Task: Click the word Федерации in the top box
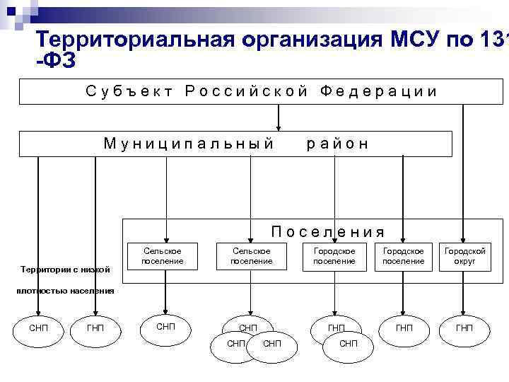[x=378, y=91]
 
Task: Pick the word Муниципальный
[x=189, y=144]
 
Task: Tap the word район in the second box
[x=338, y=144]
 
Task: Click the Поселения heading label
[x=328, y=231]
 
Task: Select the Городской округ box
[x=464, y=256]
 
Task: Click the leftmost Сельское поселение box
[x=163, y=256]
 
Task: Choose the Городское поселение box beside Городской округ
[x=403, y=256]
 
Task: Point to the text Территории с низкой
[x=66, y=270]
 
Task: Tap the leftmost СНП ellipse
[x=38, y=328]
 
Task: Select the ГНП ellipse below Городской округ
[x=464, y=328]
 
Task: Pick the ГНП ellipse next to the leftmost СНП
[x=95, y=328]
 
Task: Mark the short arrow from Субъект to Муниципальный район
[x=279, y=117]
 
